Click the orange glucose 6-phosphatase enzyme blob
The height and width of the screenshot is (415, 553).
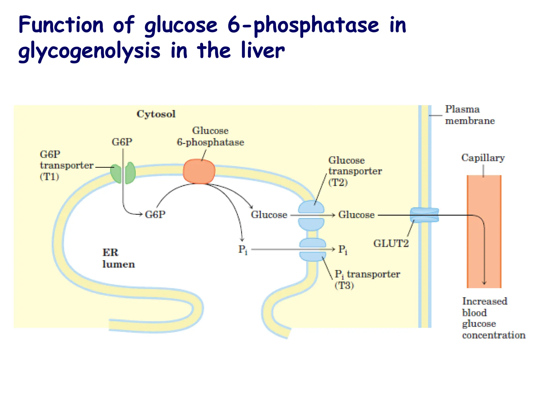[199, 171]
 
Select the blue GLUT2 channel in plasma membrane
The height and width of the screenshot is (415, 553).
[424, 215]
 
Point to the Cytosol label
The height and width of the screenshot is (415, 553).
[156, 114]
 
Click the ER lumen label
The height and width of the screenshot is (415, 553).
[118, 258]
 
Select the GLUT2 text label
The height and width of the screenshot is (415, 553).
[391, 243]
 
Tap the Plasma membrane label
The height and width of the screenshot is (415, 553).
[470, 115]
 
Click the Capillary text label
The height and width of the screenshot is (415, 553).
[483, 158]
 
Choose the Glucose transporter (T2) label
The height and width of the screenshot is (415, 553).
[355, 171]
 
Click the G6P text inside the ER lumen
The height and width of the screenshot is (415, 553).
[155, 215]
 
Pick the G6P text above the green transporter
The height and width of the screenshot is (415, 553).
[122, 142]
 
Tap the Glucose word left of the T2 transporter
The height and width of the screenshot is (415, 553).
[269, 215]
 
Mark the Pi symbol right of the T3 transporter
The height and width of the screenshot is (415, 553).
[343, 250]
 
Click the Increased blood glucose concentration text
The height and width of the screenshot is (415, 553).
[493, 318]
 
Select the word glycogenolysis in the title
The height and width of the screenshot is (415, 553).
[89, 51]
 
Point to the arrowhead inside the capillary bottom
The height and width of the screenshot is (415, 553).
[484, 283]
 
